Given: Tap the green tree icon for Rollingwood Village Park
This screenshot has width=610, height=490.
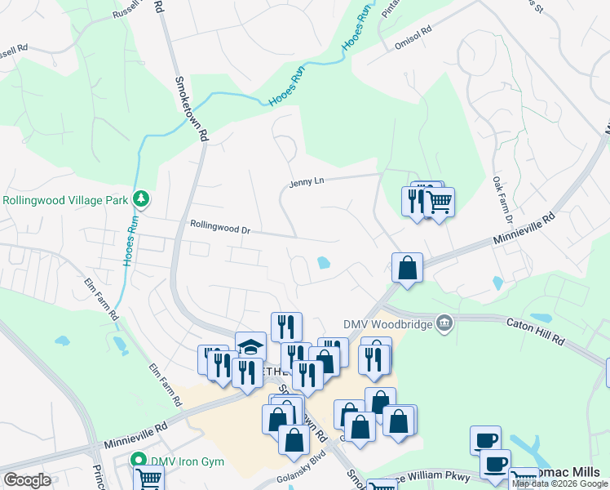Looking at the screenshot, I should tap(142, 199).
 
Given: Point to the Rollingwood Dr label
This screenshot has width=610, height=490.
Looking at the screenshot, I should tap(220, 228).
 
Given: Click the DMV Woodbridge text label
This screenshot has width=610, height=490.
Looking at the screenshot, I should tap(390, 323).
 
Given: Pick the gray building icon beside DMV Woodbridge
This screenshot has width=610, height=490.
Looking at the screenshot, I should tap(444, 324).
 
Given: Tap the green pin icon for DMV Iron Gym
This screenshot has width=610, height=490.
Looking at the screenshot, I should tap(139, 461).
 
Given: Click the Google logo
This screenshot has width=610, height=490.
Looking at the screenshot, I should tap(27, 480).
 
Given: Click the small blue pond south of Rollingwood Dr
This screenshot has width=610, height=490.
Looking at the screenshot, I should tap(324, 264).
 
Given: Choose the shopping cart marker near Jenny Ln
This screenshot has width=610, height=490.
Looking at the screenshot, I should tap(440, 201).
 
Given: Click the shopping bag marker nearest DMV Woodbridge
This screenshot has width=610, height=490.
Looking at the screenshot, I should tap(407, 267).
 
